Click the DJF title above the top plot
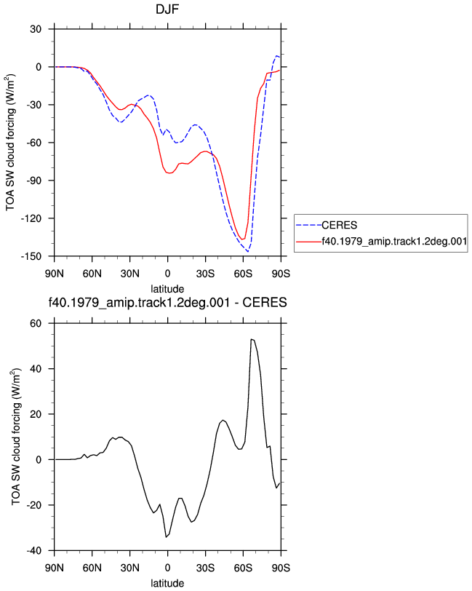[x=167, y=9]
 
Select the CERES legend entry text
[x=340, y=225]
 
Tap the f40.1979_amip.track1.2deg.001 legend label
[x=394, y=241]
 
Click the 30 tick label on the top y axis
[x=36, y=29]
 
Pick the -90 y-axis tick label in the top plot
[x=33, y=181]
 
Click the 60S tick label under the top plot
[x=243, y=274]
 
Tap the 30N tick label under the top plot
[x=130, y=274]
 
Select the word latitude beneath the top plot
[x=167, y=289]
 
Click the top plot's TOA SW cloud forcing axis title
[x=11, y=143]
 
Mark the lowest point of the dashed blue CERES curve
[x=248, y=251]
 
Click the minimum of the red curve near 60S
[x=243, y=239]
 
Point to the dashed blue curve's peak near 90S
[x=277, y=56]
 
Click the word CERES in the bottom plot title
[x=265, y=303]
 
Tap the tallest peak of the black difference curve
[x=251, y=339]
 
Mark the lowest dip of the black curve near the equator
[x=166, y=537]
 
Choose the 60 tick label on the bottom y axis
[x=36, y=323]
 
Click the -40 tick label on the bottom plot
[x=33, y=551]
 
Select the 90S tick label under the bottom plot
[x=281, y=568]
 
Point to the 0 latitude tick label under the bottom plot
[x=167, y=568]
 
